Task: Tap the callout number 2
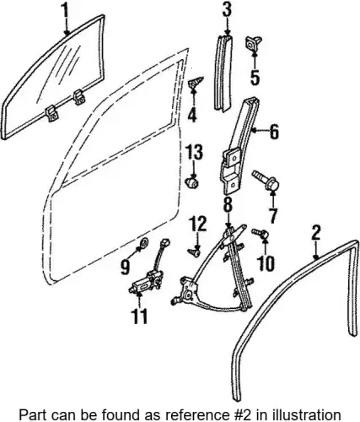pyautogui.click(x=316, y=233)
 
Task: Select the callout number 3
pyautogui.click(x=227, y=11)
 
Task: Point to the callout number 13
pyautogui.click(x=194, y=153)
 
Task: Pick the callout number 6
pyautogui.click(x=273, y=131)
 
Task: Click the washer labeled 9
pyautogui.click(x=145, y=241)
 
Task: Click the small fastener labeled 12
pyautogui.click(x=194, y=253)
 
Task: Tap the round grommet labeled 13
pyautogui.click(x=192, y=182)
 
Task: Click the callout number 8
pyautogui.click(x=228, y=205)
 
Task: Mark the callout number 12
pyautogui.click(x=197, y=225)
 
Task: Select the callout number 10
pyautogui.click(x=266, y=263)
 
